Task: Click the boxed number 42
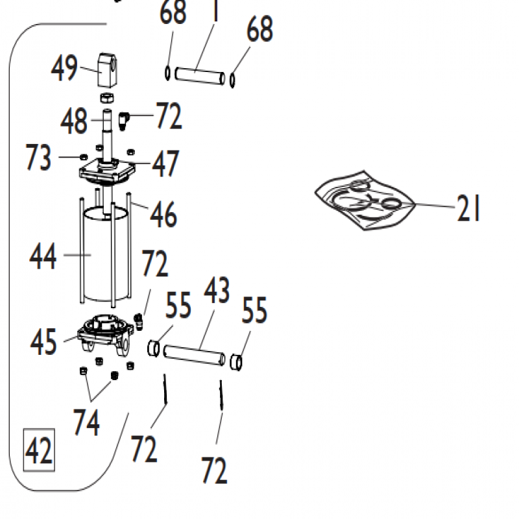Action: click(39, 450)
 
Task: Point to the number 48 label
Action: click(76, 121)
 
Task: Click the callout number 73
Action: click(39, 158)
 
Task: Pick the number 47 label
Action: click(165, 164)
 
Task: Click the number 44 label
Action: click(43, 258)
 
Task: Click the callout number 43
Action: click(217, 293)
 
